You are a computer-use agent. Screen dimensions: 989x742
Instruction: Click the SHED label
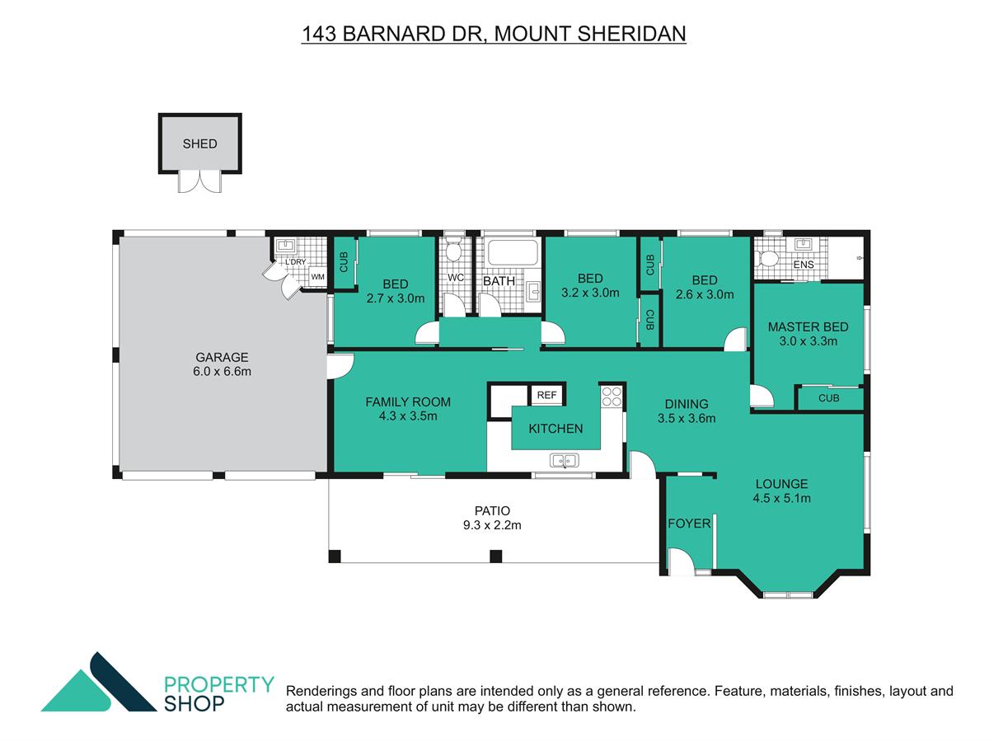[199, 143]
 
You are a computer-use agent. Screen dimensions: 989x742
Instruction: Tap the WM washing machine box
[317, 277]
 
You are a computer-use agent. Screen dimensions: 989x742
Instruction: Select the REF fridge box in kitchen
[546, 395]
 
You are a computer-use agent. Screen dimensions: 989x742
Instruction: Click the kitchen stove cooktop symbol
[612, 397]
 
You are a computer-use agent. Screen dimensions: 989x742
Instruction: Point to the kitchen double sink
[564, 460]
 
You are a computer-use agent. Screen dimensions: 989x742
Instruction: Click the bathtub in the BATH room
[513, 252]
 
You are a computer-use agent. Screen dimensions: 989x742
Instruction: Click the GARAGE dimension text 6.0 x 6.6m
[222, 372]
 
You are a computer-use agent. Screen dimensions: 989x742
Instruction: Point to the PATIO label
[492, 511]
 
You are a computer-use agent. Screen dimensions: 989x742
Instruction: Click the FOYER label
[689, 524]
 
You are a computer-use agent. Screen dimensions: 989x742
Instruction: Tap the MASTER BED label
[808, 327]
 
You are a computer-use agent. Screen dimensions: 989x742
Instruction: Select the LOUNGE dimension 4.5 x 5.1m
[781, 498]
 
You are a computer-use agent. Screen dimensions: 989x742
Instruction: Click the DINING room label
[687, 404]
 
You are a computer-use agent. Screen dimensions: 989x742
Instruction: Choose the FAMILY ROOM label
[408, 402]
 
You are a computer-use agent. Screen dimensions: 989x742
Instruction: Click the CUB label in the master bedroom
[828, 398]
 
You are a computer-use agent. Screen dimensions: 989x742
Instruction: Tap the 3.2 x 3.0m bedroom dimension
[590, 293]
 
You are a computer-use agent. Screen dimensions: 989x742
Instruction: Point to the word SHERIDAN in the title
[631, 34]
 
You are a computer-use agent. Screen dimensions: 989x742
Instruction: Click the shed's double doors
[200, 182]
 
